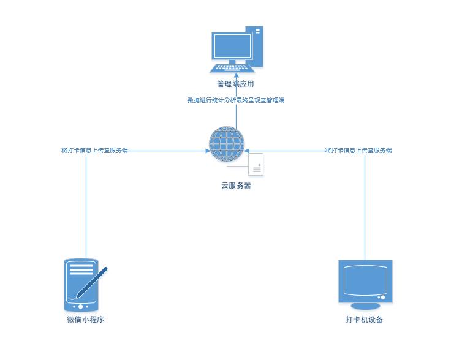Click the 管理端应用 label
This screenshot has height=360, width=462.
point(235,84)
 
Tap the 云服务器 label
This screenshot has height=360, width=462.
point(236,186)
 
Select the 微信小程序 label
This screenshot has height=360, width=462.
point(85,320)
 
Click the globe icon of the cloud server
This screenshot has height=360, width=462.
point(227,144)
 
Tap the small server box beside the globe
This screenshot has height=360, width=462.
point(256,164)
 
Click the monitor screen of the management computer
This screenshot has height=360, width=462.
point(232,45)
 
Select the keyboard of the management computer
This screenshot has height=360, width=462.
point(232,67)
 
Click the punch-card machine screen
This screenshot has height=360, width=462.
point(365,280)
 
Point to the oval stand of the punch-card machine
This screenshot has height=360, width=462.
point(365,305)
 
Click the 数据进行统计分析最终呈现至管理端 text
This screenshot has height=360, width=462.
point(236,100)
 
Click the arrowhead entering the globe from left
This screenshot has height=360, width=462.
point(206,150)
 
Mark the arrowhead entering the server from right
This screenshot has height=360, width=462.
point(246,150)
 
